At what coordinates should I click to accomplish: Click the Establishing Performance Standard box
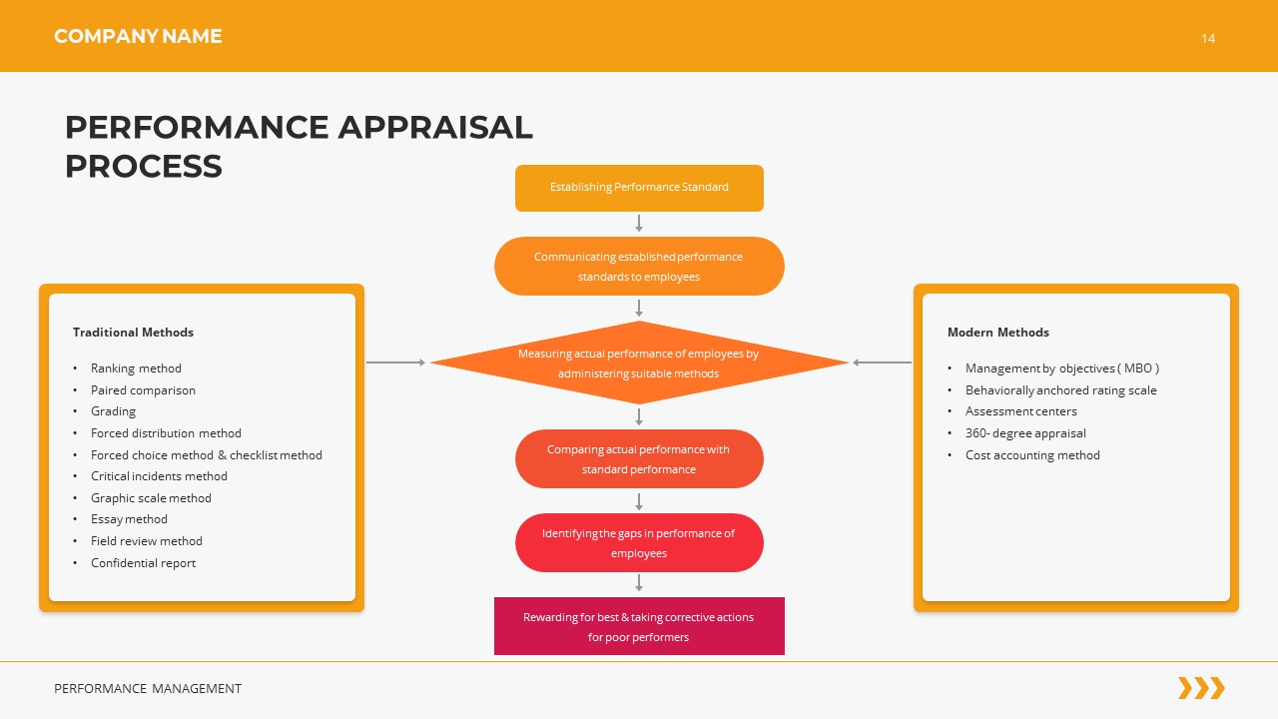tap(639, 188)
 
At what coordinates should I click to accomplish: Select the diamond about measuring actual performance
tap(639, 363)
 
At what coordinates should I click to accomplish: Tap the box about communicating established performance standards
tap(639, 267)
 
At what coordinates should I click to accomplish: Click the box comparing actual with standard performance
tap(639, 459)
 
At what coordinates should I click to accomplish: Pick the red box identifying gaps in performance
tap(639, 543)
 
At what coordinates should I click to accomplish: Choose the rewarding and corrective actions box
tap(639, 626)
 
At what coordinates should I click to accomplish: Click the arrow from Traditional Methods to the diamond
tap(396, 362)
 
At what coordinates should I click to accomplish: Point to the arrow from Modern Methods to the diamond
tap(881, 362)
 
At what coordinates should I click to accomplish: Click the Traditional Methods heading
tap(133, 333)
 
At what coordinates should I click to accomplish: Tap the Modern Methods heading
tap(997, 333)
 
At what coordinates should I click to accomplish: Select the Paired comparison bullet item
tap(143, 390)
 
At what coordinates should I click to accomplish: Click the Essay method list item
tap(129, 519)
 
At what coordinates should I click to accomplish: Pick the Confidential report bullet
tap(143, 563)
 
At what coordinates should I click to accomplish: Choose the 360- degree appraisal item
tap(1025, 433)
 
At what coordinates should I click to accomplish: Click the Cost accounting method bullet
tap(1032, 455)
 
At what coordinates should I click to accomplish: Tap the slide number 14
tap(1208, 39)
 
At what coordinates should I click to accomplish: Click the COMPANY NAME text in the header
tap(138, 37)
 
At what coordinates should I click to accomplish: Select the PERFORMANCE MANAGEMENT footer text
tap(148, 689)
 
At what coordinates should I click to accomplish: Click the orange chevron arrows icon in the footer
tap(1201, 688)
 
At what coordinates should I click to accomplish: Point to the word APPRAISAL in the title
tap(435, 128)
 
